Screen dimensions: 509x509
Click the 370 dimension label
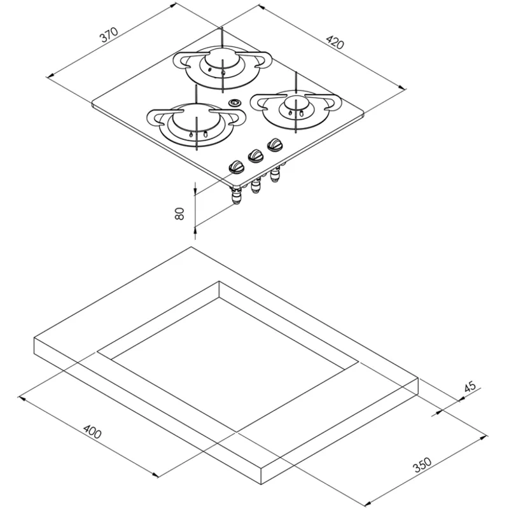point(109,35)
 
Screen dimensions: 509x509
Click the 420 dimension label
point(335,42)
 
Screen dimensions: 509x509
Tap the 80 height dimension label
point(179,213)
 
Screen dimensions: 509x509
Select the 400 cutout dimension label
point(92,431)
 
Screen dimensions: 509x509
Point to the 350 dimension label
point(422,464)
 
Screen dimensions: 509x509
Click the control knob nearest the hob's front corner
point(236,167)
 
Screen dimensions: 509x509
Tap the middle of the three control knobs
point(255,156)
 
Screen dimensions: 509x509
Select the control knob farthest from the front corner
point(275,144)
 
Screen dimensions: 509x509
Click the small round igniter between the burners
point(234,103)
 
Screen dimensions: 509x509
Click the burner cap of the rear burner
point(222,59)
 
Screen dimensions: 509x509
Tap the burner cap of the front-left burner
point(196,116)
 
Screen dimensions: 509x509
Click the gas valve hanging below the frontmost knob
point(236,196)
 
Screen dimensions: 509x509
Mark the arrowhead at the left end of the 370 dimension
point(50,76)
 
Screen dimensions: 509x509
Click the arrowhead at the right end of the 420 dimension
point(403,87)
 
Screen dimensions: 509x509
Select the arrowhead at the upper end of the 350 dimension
point(484,438)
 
